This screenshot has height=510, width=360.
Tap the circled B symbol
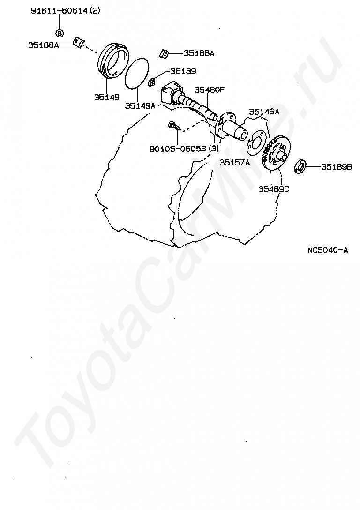[x=60, y=33]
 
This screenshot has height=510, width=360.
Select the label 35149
[x=106, y=97]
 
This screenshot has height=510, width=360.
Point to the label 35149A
[x=140, y=106]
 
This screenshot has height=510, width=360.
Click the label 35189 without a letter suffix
[x=183, y=71]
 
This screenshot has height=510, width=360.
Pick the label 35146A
[x=264, y=112]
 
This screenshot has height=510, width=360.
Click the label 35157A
[x=234, y=163]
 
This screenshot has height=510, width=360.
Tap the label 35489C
[x=274, y=189]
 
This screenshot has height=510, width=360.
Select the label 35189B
[x=337, y=167]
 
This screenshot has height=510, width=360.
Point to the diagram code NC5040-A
[x=328, y=250]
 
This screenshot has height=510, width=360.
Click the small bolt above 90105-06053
[x=174, y=126]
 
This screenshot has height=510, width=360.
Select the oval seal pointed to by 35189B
[x=300, y=166]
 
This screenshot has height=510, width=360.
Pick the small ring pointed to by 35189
[x=152, y=83]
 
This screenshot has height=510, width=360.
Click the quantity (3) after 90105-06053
[x=214, y=149]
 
